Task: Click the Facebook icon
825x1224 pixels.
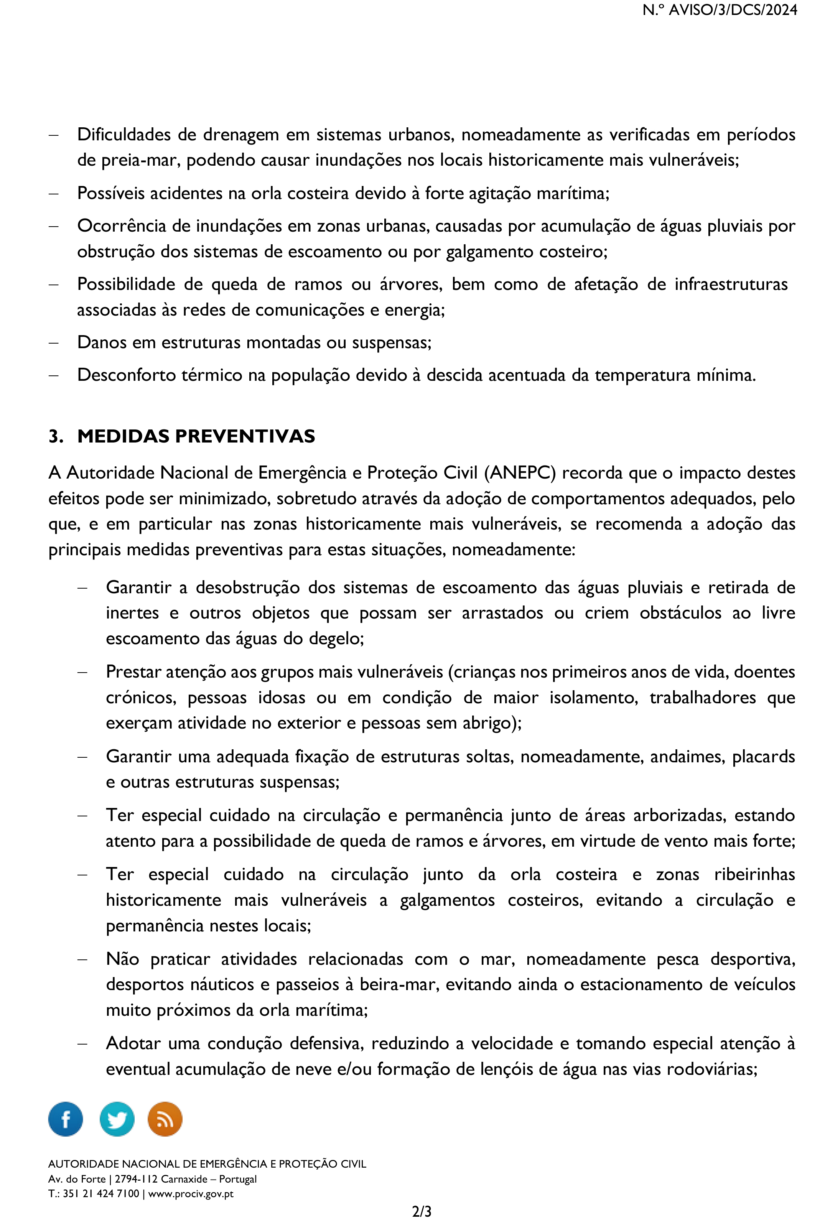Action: click(65, 1119)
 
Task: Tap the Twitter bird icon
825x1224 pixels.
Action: click(117, 1119)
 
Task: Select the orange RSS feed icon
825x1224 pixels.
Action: click(165, 1119)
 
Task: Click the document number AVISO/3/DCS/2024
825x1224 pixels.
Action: click(733, 10)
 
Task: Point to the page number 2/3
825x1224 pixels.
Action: click(422, 1211)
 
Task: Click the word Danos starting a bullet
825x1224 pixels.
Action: click(101, 342)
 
